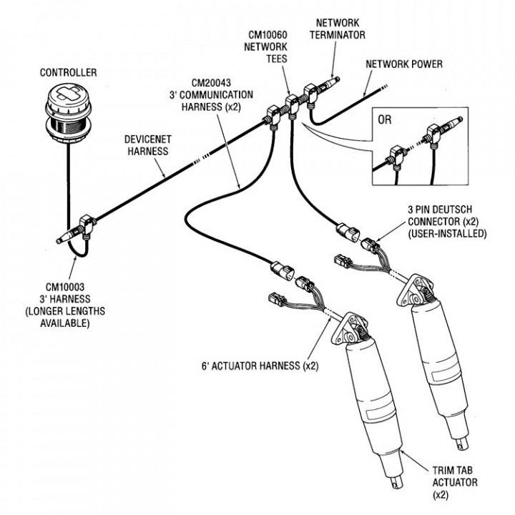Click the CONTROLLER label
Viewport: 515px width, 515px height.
tap(69, 72)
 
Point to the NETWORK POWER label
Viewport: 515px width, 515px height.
tap(404, 64)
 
